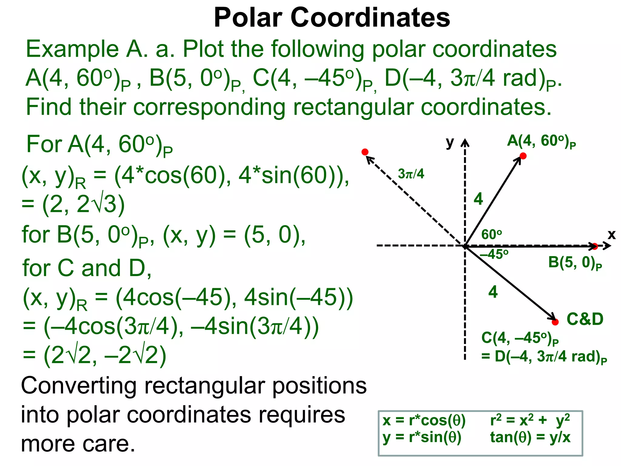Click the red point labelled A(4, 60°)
point(523,156)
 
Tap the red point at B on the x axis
point(595,246)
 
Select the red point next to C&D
point(555,322)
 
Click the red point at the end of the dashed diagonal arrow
point(365,152)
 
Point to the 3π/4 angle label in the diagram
point(411,174)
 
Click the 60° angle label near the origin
point(492,235)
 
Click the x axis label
point(612,235)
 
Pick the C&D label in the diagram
point(585,319)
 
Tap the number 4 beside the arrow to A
point(478,199)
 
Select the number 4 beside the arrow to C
point(493,292)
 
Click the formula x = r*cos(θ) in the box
point(424,420)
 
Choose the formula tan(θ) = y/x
point(530,437)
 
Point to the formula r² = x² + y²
point(530,420)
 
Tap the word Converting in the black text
point(79,386)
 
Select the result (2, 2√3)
point(83,205)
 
